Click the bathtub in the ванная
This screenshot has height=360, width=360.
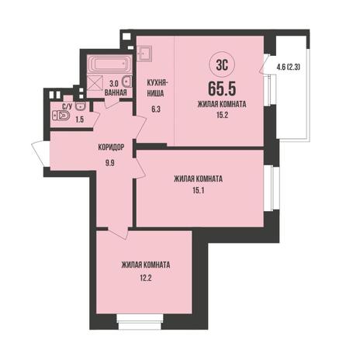pyautogui.click(x=109, y=64)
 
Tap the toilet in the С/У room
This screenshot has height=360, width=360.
pyautogui.click(x=61, y=116)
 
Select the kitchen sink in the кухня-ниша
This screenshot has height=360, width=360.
pyautogui.click(x=144, y=54)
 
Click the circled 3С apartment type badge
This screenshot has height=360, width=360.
pyautogui.click(x=222, y=65)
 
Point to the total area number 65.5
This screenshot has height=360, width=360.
pyautogui.click(x=222, y=88)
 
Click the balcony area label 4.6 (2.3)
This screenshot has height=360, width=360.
pyautogui.click(x=289, y=67)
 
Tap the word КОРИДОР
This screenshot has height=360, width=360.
pyautogui.click(x=111, y=147)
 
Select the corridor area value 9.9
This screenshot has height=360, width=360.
pyautogui.click(x=110, y=163)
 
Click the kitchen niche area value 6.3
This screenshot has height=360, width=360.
pyautogui.click(x=156, y=109)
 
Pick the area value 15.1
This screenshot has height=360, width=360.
pyautogui.click(x=199, y=191)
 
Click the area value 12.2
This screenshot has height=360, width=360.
pyautogui.click(x=146, y=278)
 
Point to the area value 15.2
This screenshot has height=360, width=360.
pyautogui.click(x=222, y=116)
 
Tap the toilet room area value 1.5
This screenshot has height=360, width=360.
pyautogui.click(x=80, y=119)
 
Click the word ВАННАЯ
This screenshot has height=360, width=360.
pyautogui.click(x=116, y=92)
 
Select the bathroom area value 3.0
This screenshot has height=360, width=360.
pyautogui.click(x=114, y=84)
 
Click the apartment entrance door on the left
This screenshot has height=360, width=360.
pyautogui.click(x=41, y=154)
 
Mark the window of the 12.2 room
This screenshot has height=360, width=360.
pyautogui.click(x=140, y=322)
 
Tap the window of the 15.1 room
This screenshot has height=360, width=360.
pyautogui.click(x=272, y=188)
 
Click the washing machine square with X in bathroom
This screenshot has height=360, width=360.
pyautogui.click(x=95, y=82)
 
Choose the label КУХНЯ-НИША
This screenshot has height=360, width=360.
pyautogui.click(x=156, y=88)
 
